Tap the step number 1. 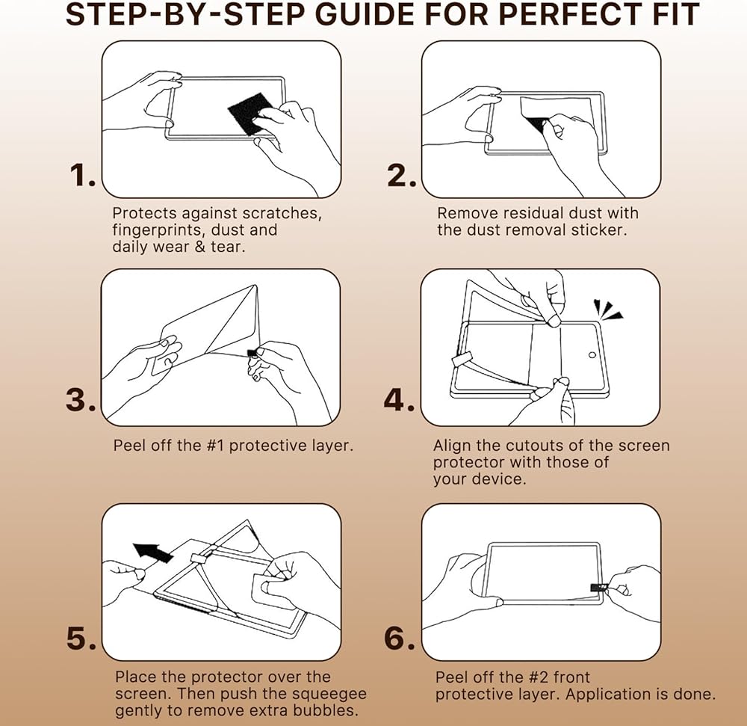pos(82,175)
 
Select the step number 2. pos(402,175)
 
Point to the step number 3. pos(81,399)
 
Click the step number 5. pos(81,638)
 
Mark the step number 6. pos(399,638)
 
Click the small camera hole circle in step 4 pos(592,354)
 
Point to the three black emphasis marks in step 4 pos(607,309)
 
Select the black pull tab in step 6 pos(598,587)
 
